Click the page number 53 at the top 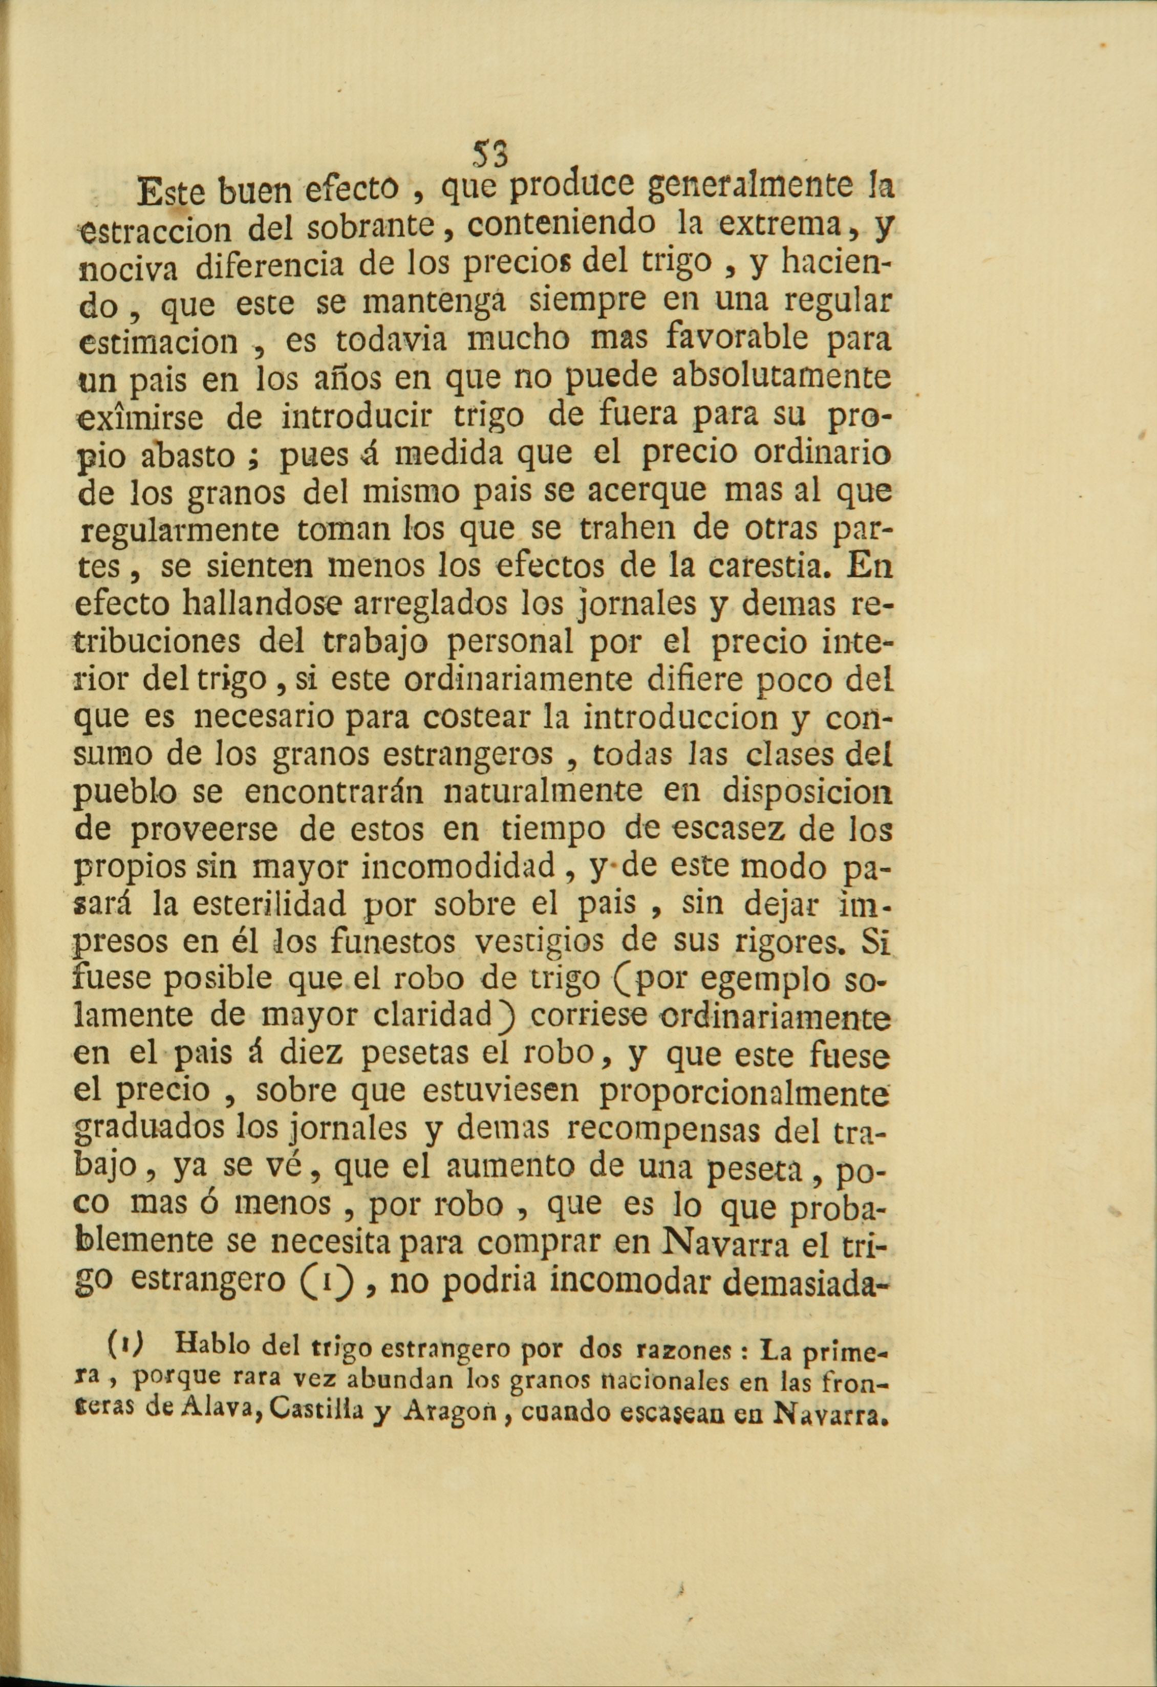(x=491, y=153)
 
